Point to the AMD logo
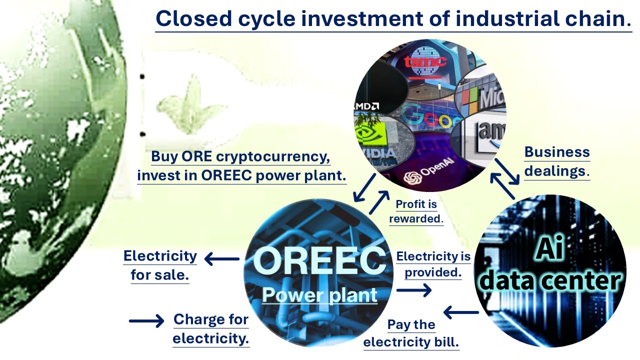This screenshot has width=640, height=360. (366, 106)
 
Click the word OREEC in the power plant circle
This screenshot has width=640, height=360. (319, 260)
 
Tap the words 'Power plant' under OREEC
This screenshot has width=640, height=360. (319, 295)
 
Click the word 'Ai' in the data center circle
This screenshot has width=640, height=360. (549, 247)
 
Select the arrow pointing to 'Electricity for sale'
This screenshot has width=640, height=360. (222, 259)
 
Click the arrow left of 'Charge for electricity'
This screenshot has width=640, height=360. (146, 321)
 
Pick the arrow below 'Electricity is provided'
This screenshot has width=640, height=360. (414, 290)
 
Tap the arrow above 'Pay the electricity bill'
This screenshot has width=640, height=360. (461, 312)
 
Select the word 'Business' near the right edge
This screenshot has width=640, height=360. (557, 151)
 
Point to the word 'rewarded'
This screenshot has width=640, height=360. (416, 218)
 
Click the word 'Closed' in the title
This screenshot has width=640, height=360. (193, 18)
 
